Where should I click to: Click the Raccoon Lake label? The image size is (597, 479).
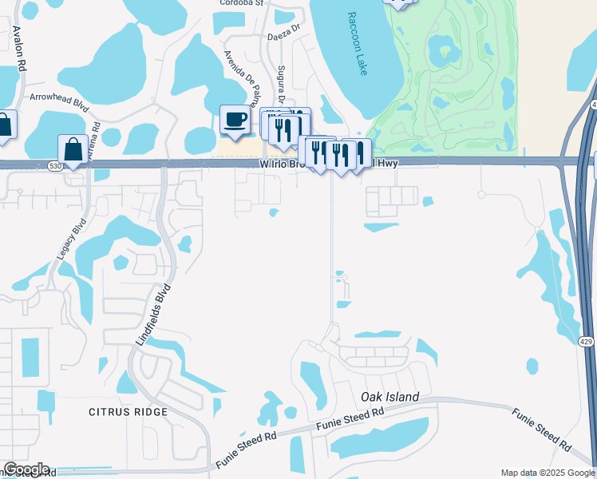click(358, 44)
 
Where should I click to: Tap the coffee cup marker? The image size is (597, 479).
click(235, 120)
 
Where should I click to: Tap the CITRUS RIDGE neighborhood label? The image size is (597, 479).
click(129, 412)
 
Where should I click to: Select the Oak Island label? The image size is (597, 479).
click(389, 397)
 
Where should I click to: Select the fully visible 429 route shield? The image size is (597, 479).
click(587, 341)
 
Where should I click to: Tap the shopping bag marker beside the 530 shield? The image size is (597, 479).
click(73, 149)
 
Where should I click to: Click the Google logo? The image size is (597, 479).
click(26, 469)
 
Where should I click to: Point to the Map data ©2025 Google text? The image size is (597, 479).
click(547, 473)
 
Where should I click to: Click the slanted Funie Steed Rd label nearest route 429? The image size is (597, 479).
click(543, 428)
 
